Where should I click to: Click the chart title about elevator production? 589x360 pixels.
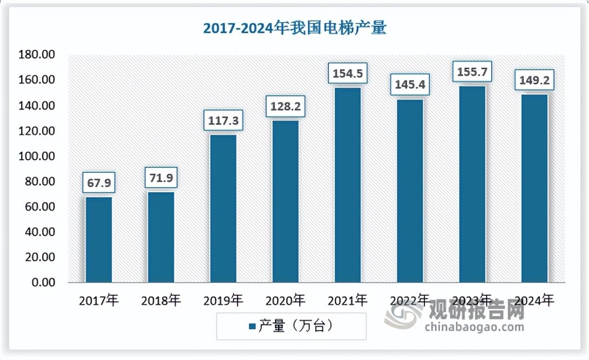point(294,28)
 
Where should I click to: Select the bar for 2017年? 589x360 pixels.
point(99,240)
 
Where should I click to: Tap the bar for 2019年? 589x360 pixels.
point(223,208)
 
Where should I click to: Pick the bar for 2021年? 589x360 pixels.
point(348,185)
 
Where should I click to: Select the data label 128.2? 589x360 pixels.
point(285,107)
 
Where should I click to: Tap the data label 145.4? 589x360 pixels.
point(410,85)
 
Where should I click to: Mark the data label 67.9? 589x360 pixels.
point(99,183)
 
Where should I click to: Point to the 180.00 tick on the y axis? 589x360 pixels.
point(36,55)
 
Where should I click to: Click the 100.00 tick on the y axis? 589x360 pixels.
point(36,156)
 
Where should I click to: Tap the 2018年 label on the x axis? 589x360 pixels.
point(161,301)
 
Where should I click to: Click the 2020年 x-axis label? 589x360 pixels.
point(285,301)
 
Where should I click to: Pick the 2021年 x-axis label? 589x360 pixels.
point(348,301)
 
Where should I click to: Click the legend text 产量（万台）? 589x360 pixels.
point(296,326)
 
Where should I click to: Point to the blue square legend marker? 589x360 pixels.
point(252,327)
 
